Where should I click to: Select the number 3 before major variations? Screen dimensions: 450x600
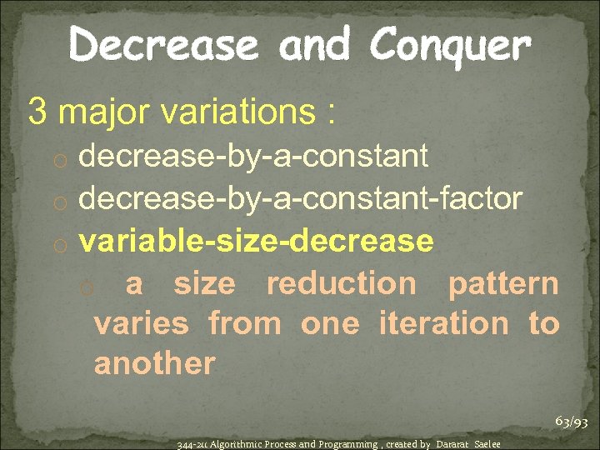[37, 111]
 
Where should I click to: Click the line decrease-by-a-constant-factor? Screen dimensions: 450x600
[301, 199]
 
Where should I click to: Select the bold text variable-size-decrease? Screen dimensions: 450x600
[256, 241]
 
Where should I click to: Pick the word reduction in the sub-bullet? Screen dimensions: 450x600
[341, 283]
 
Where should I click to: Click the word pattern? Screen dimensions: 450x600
[503, 283]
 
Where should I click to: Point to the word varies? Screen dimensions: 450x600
[142, 323]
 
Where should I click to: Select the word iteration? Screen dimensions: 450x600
[443, 323]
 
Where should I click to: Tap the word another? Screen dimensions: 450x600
[155, 363]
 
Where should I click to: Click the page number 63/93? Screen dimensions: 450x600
[572, 422]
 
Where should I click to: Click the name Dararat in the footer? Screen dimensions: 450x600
[454, 444]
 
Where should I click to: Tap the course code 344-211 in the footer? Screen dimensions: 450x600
[191, 444]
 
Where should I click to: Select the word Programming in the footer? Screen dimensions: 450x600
[341, 444]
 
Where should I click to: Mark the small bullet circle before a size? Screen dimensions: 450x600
[87, 287]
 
